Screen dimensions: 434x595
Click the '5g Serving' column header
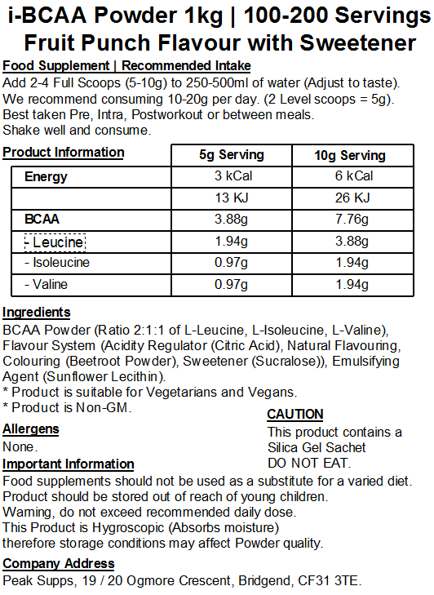click(x=232, y=155)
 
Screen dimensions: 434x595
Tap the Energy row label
click(x=46, y=176)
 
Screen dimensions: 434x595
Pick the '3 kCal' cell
click(x=232, y=176)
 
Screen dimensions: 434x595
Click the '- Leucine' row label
click(x=54, y=242)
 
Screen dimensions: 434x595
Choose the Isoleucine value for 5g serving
click(x=232, y=263)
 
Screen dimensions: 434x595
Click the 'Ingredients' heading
click(x=37, y=313)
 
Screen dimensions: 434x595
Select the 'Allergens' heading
click(x=31, y=429)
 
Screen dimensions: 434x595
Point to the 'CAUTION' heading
click(x=295, y=415)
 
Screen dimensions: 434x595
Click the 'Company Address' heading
click(x=59, y=564)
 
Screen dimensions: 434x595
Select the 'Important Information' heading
click(x=69, y=464)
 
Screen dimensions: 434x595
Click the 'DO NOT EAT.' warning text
click(x=309, y=463)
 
